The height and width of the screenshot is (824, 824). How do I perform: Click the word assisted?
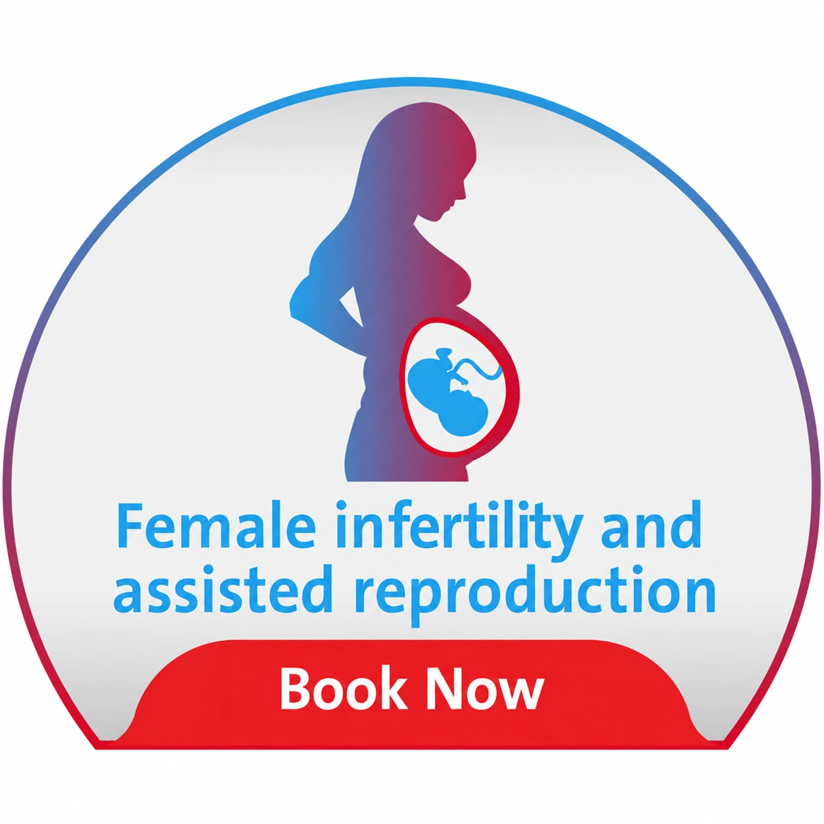click(223, 593)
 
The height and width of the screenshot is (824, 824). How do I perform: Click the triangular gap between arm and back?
click(352, 306)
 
